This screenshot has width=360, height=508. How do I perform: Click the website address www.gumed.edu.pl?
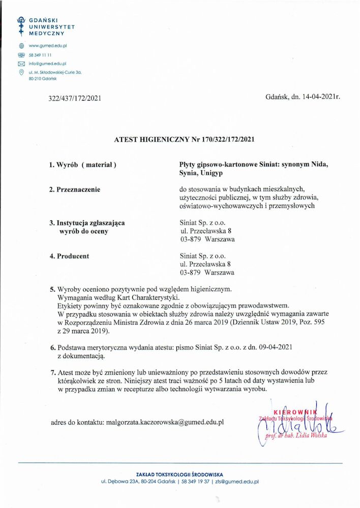tap(48, 46)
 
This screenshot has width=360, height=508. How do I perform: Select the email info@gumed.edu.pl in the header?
tap(48, 63)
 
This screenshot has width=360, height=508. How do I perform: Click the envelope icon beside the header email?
tap(21, 63)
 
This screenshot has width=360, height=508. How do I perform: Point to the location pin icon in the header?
tap(21, 73)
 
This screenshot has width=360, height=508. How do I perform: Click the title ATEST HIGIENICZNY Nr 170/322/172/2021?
tap(184, 139)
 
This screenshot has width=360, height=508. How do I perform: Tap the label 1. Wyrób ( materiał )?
tap(83, 165)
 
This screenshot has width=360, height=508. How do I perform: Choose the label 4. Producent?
tap(69, 256)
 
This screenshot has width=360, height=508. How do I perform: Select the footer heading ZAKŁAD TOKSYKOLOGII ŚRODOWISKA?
tap(180, 474)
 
